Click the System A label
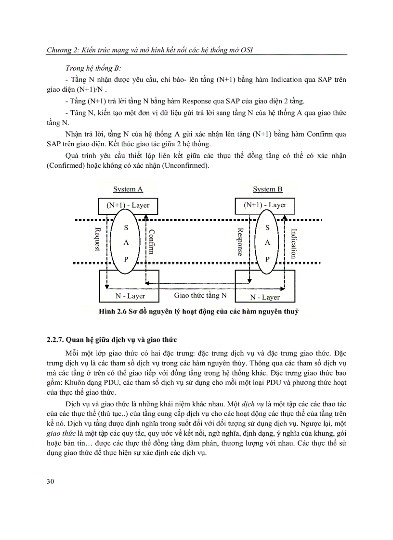(128, 189)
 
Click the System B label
(267, 189)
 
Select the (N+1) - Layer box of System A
(128, 205)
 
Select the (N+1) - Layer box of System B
(265, 205)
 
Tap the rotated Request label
(97, 239)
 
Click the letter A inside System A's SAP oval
(126, 243)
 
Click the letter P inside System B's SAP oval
(268, 259)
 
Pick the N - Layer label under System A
(130, 296)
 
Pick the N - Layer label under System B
(264, 297)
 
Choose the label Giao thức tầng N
(200, 295)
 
